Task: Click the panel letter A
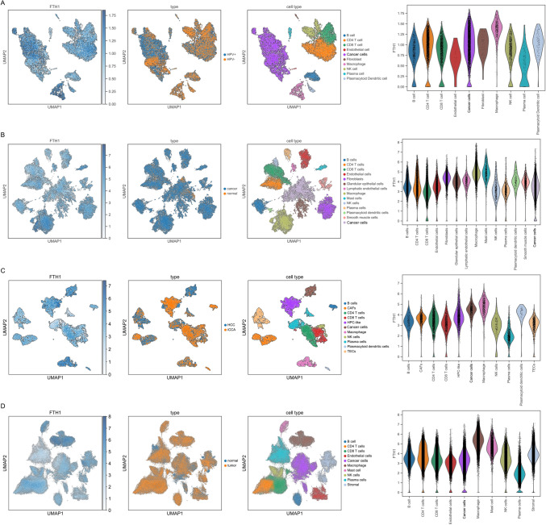[x=5, y=5]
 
